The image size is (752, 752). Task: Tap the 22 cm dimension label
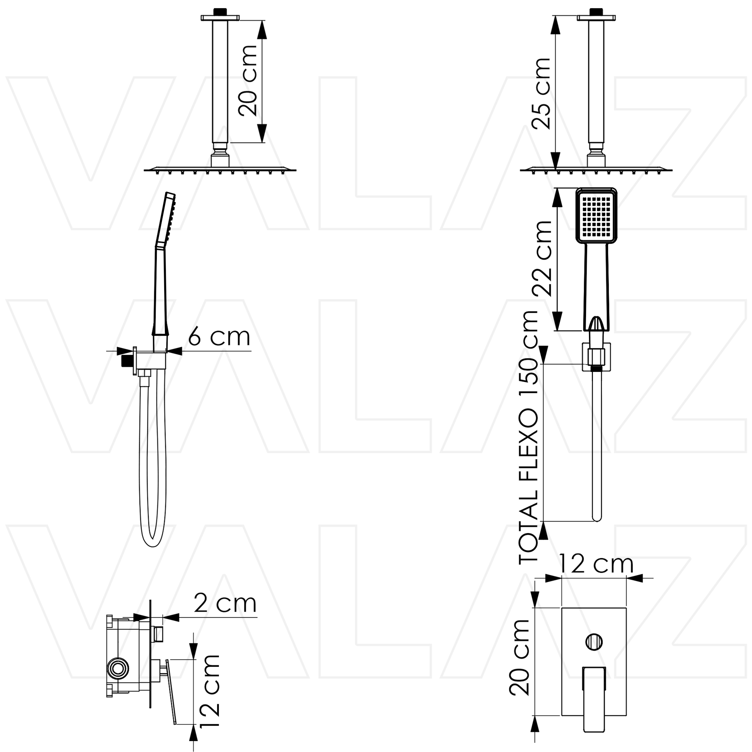click(542, 259)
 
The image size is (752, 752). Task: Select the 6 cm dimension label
click(219, 337)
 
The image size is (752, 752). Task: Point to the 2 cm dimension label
click(225, 604)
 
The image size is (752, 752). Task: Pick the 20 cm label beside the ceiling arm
click(248, 80)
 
